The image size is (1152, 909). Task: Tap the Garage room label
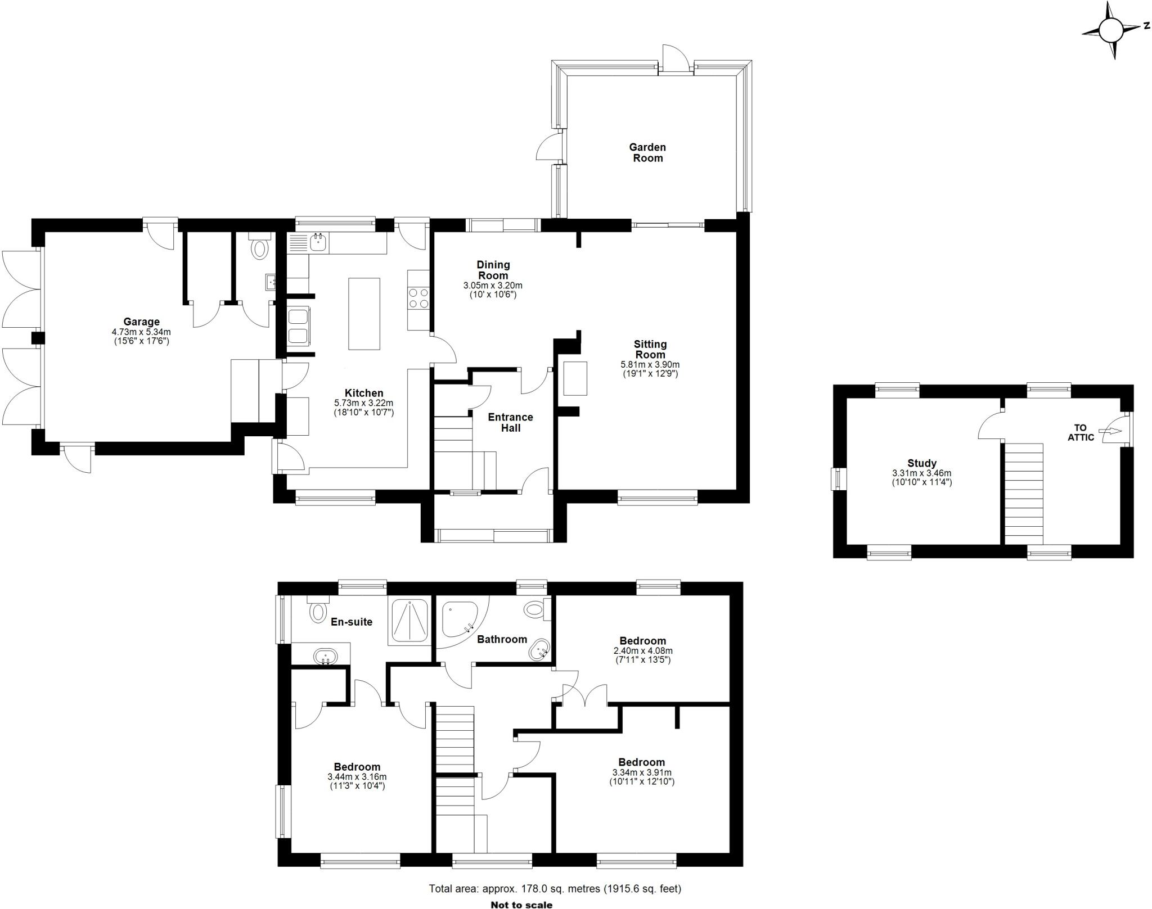click(141, 322)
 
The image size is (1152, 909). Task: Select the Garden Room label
click(647, 152)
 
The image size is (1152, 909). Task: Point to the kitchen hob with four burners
click(418, 298)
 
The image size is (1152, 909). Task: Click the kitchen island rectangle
click(364, 314)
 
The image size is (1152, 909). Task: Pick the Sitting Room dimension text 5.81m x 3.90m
click(650, 364)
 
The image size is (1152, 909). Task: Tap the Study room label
click(921, 463)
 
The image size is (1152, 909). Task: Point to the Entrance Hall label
click(510, 422)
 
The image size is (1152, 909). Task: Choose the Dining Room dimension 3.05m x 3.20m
click(493, 286)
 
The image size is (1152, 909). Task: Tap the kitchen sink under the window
click(317, 243)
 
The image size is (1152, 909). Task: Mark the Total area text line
click(555, 889)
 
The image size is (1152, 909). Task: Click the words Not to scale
click(521, 905)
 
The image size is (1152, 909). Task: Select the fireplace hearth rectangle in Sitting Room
click(575, 378)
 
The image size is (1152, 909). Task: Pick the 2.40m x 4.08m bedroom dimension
click(642, 650)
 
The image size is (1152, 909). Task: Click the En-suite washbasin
click(325, 655)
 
